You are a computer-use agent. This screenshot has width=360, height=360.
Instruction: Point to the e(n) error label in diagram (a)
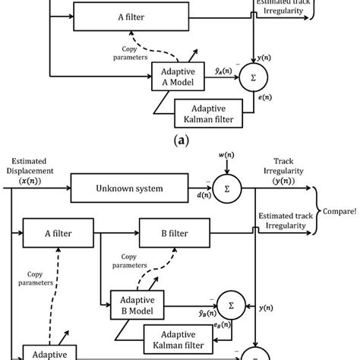(x=267, y=98)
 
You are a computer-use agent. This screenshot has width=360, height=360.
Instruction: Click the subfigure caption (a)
(x=180, y=140)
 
